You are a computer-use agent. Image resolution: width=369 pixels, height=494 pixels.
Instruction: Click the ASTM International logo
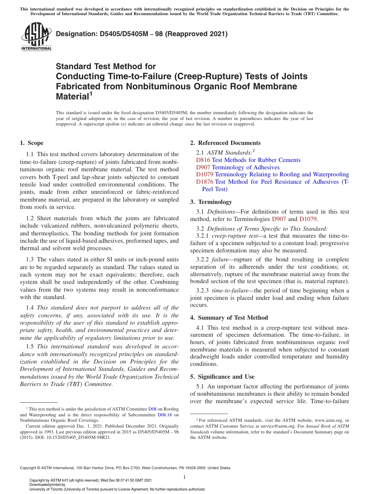click(36, 37)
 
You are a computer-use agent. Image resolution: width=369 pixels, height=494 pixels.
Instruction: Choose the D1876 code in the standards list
click(205, 182)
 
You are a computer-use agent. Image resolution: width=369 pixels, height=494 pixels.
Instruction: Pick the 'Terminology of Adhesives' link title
click(245, 167)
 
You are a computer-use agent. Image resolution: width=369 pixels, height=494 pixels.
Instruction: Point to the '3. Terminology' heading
click(211, 202)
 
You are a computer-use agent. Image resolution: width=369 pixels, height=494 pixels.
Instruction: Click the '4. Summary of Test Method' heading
click(229, 318)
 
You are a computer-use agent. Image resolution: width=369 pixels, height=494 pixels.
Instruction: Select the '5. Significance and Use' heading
click(222, 377)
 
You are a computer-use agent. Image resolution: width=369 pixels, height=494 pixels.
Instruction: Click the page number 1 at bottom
click(184, 477)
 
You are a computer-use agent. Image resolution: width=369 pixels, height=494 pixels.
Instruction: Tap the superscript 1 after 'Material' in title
click(91, 93)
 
